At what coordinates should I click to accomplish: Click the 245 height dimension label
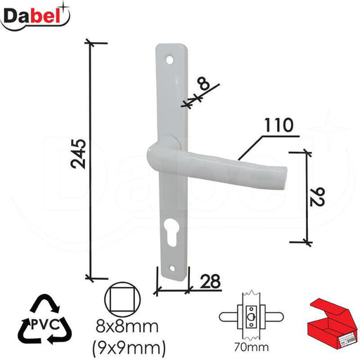(79, 154)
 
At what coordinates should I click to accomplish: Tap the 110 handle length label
(279, 125)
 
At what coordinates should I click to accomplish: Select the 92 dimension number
(317, 197)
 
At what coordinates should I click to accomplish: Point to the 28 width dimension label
(210, 281)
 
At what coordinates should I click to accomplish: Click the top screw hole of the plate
(169, 60)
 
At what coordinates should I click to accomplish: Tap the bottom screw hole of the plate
(173, 268)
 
